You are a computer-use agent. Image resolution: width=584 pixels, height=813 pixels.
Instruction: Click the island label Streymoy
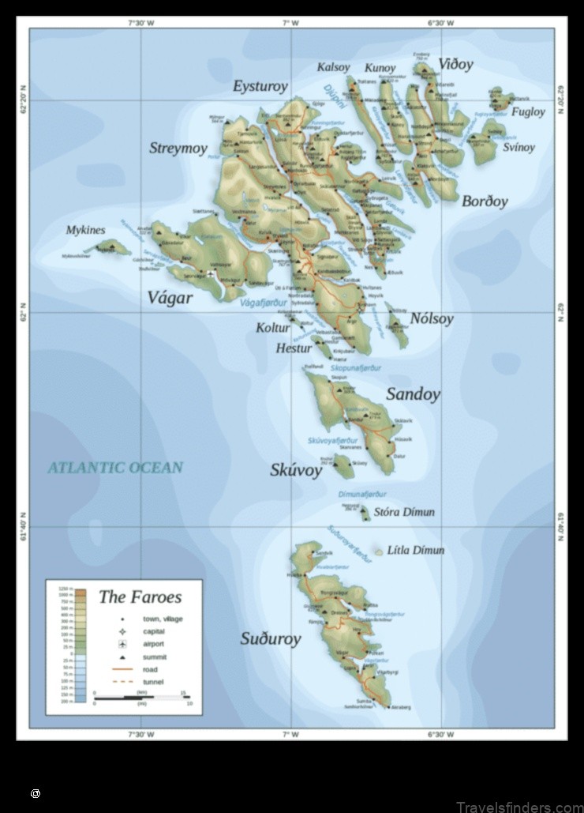pyautogui.click(x=178, y=148)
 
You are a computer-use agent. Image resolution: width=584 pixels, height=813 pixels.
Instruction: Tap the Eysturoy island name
pyautogui.click(x=260, y=86)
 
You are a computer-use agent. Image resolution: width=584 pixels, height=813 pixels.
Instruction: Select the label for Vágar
pyautogui.click(x=170, y=298)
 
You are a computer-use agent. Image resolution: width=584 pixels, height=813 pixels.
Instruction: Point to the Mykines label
pyautogui.click(x=85, y=230)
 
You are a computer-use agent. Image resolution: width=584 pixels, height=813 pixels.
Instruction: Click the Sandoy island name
pyautogui.click(x=412, y=394)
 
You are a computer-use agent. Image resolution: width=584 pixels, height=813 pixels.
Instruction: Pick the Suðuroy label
pyautogui.click(x=270, y=638)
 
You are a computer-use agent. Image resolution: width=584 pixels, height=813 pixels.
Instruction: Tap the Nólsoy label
pyautogui.click(x=432, y=319)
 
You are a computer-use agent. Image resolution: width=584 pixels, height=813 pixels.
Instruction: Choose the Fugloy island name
pyautogui.click(x=528, y=111)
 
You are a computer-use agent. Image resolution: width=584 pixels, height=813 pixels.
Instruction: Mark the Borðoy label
pyautogui.click(x=485, y=201)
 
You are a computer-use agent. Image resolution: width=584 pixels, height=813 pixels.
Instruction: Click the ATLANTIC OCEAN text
pyautogui.click(x=115, y=467)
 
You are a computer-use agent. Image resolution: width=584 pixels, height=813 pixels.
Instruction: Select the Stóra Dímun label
pyautogui.click(x=404, y=512)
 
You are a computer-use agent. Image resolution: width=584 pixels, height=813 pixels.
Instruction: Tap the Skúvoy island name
pyautogui.click(x=296, y=470)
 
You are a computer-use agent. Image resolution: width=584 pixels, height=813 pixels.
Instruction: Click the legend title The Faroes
pyautogui.click(x=140, y=597)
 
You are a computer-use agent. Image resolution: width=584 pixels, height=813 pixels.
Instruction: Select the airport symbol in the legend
pyautogui.click(x=122, y=644)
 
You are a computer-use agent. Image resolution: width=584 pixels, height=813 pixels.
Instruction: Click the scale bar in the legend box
pyautogui.click(x=140, y=698)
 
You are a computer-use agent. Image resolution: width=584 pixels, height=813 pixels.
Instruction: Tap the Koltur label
pyautogui.click(x=273, y=328)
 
